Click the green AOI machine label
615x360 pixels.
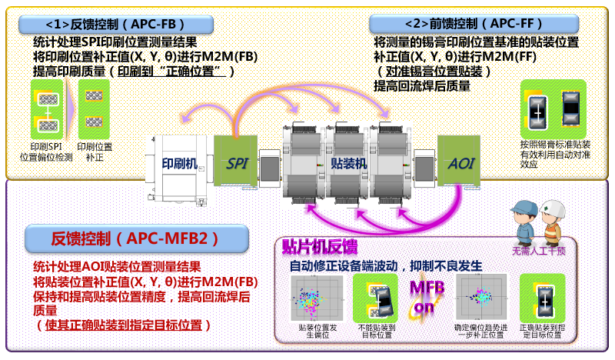pos(459,162)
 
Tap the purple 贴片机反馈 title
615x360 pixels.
pos(319,246)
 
